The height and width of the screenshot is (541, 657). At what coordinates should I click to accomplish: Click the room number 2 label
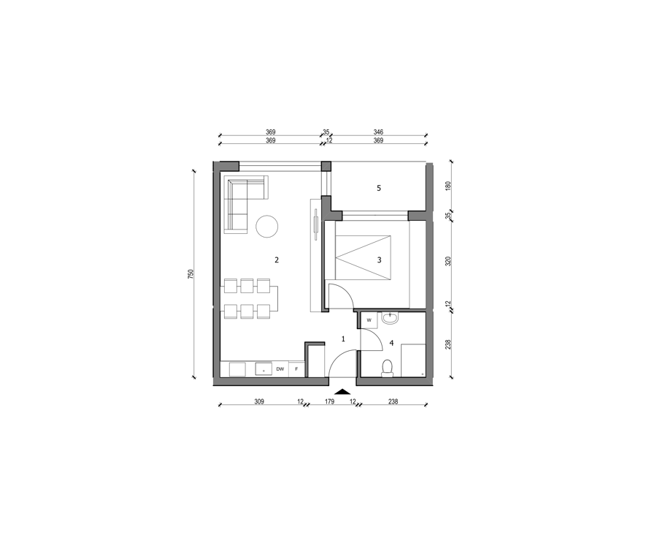277,260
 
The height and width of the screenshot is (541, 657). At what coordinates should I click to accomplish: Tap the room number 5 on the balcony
379,188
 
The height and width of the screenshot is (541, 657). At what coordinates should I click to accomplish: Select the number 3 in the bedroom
379,260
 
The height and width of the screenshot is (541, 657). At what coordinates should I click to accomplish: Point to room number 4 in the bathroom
392,344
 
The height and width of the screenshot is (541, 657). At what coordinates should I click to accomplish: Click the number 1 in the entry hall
343,338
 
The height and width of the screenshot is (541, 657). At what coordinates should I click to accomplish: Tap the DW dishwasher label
280,369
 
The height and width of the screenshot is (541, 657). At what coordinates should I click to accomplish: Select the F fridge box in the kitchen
296,369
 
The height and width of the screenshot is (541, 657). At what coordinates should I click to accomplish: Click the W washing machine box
369,320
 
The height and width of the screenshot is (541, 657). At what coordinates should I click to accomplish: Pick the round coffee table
267,227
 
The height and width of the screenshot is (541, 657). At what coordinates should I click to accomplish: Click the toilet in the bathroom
388,368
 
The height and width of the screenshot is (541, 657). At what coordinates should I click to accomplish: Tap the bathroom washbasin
391,318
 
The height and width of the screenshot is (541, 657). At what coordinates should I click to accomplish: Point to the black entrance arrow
343,392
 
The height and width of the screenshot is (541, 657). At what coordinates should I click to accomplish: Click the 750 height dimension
191,274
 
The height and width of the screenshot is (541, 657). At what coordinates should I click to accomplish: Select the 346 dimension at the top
378,132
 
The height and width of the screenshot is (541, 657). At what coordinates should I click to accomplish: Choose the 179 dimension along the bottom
330,401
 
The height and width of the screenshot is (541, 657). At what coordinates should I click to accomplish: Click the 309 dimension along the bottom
259,401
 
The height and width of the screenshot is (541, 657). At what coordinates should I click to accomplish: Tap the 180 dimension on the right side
448,186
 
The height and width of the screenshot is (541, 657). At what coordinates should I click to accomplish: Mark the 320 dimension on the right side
448,261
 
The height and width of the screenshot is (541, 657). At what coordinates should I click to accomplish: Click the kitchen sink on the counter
264,369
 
